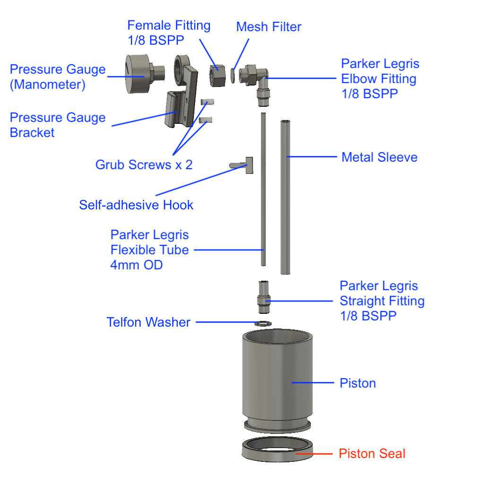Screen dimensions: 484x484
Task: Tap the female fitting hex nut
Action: [217, 75]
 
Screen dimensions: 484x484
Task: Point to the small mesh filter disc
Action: [233, 75]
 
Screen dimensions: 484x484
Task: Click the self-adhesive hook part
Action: [244, 165]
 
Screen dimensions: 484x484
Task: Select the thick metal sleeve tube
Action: [285, 199]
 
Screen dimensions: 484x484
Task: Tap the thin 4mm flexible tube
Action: [263, 189]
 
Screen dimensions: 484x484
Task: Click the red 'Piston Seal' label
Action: [372, 454]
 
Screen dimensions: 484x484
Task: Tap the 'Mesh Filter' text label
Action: [268, 27]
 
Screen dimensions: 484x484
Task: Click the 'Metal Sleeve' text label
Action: [380, 157]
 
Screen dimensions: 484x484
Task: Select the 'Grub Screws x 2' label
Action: [144, 165]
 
